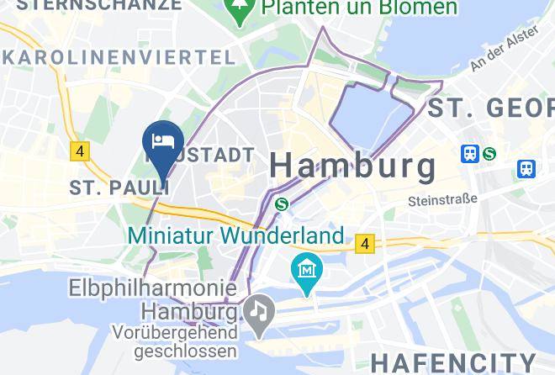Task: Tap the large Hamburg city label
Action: click(352, 165)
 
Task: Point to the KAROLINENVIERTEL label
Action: click(119, 57)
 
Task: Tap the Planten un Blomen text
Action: click(359, 8)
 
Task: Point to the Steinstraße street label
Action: click(441, 200)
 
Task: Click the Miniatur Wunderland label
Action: click(235, 235)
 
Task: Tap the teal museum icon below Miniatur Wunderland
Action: click(307, 271)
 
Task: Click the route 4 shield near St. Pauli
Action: click(80, 151)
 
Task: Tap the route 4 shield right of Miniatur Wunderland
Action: click(363, 243)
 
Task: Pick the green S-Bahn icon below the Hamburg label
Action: click(283, 203)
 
